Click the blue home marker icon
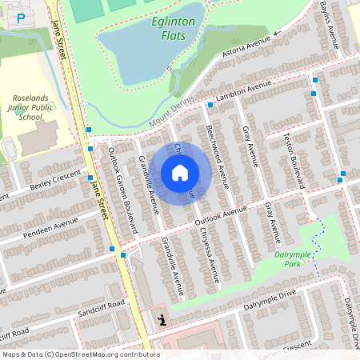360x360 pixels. click(180, 172)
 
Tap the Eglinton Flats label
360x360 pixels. click(173, 30)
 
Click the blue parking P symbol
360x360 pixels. click(22, 17)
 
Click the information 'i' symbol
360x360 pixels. click(162, 320)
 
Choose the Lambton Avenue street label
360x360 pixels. click(243, 94)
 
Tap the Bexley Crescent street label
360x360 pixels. click(55, 181)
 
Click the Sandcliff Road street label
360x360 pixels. click(101, 309)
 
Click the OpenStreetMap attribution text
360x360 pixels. click(80, 354)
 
